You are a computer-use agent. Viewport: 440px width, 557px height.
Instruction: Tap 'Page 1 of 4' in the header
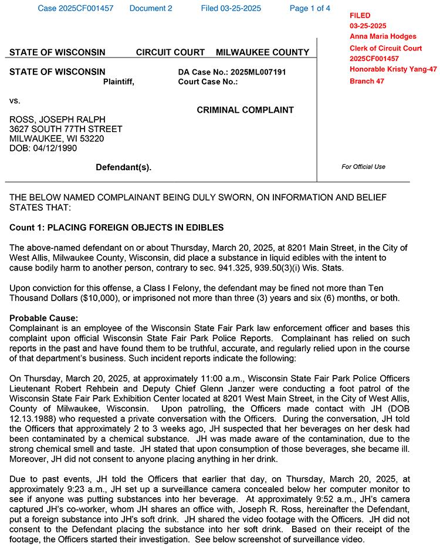coord(310,8)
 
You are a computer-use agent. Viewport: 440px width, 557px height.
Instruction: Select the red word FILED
coord(360,15)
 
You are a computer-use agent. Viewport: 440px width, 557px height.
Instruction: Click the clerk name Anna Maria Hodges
coord(383,36)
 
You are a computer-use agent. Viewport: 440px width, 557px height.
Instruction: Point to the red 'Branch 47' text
coord(367,81)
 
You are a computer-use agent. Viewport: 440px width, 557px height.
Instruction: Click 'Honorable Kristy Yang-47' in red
coord(393,69)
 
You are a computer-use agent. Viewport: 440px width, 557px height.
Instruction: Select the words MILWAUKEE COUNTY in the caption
coord(262,52)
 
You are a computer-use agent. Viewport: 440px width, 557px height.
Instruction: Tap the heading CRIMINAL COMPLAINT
coord(245,110)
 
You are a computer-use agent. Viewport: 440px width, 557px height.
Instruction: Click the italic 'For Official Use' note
coord(363,167)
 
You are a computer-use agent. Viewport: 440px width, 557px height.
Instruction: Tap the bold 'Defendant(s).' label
coord(123,167)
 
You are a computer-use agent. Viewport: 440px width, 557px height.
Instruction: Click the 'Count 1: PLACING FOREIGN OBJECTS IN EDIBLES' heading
coord(117,227)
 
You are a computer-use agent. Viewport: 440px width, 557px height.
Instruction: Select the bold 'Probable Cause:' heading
coord(43,318)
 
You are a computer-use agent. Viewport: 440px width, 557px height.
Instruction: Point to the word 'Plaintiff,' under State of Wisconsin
coord(119,82)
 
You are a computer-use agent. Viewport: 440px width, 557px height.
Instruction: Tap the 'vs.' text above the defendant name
coord(15,100)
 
